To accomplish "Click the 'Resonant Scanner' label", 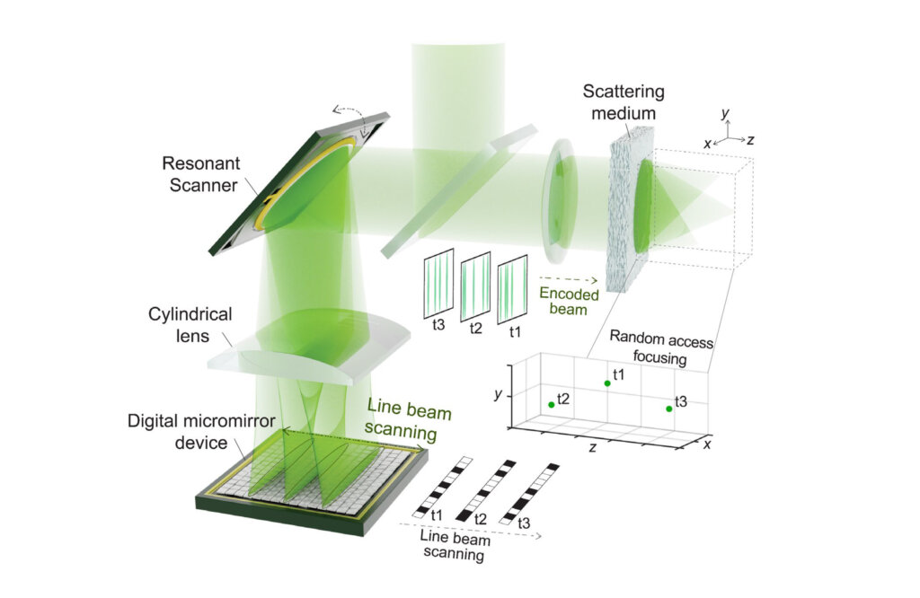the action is tap(200, 174).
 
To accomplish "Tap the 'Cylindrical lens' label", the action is tap(190, 325).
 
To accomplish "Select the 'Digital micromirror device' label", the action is tap(201, 432).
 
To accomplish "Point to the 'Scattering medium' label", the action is tap(624, 102).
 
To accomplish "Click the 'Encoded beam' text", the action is tap(569, 301).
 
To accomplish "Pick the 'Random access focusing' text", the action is tap(660, 347).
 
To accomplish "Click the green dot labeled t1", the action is tap(607, 383).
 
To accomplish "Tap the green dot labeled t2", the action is tap(552, 405).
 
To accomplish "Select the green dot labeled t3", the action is tap(668, 409).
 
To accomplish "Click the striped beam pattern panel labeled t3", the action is tap(438, 284).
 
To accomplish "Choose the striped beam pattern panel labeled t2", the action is tap(475, 286).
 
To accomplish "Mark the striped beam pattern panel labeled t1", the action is tap(512, 289).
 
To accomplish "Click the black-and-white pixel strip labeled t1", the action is tap(442, 488).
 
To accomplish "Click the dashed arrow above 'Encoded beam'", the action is tap(568, 279).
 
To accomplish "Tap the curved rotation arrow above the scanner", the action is tap(351, 115).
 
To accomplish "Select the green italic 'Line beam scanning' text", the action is tap(408, 420).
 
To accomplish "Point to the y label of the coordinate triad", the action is tap(725, 112).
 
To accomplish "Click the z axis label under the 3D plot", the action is tap(593, 447).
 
